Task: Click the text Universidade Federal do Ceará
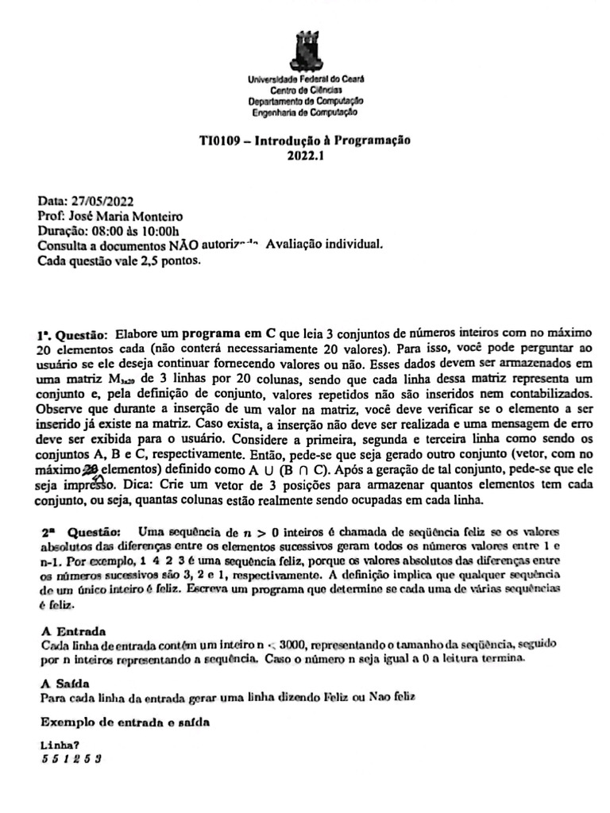306,80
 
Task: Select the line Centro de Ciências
306,91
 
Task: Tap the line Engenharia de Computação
306,113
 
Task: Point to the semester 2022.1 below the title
304,155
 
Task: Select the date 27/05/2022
97,202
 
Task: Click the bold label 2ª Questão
79,530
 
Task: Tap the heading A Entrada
72,632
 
